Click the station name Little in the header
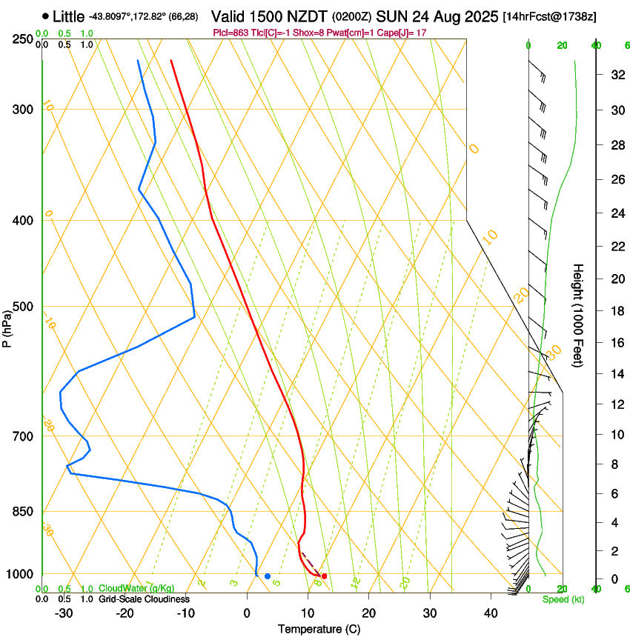click(x=68, y=16)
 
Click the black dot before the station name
click(x=46, y=16)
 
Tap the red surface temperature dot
click(x=324, y=576)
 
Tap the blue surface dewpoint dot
click(x=268, y=576)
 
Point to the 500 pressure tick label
click(x=23, y=307)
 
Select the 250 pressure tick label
click(x=23, y=39)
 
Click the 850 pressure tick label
click(x=23, y=512)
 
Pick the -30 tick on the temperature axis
click(x=63, y=613)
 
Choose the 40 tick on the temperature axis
click(x=491, y=613)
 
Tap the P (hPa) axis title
click(x=8, y=325)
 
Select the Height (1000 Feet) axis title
click(x=579, y=315)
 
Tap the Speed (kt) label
click(x=563, y=599)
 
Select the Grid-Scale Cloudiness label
click(x=144, y=599)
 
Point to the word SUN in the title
click(x=390, y=16)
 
